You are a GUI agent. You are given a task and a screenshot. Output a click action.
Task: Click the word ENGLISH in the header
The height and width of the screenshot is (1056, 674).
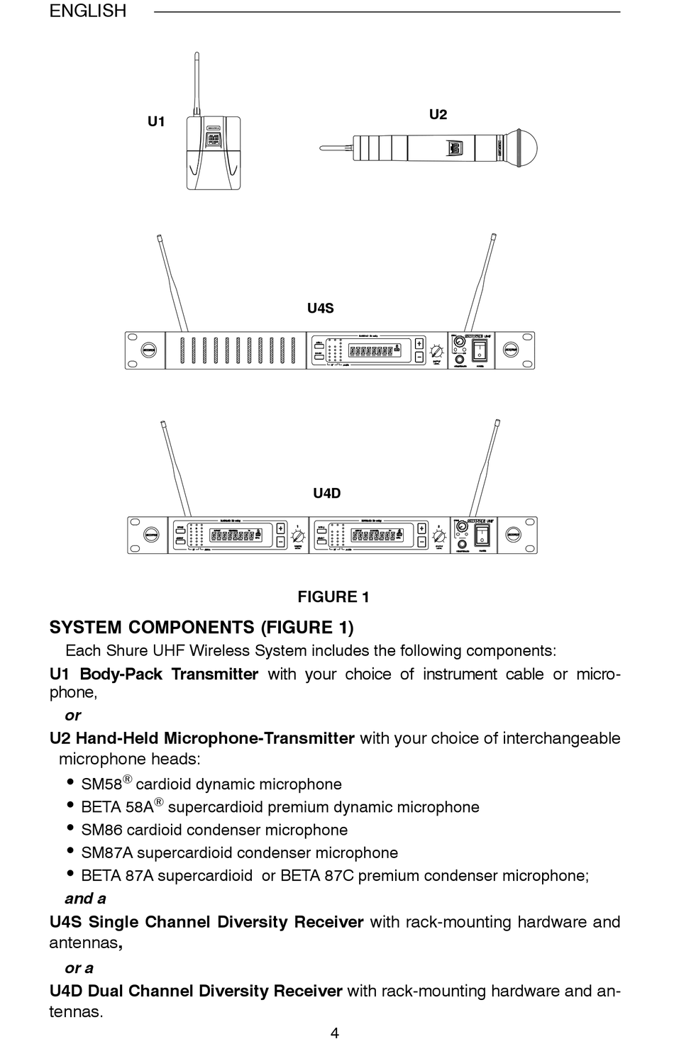pyautogui.click(x=87, y=11)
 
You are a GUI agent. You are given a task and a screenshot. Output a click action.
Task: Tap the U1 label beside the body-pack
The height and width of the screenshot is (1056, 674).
pyautogui.click(x=156, y=122)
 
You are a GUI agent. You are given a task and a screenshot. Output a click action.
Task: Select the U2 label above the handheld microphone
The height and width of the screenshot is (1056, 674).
pyautogui.click(x=438, y=115)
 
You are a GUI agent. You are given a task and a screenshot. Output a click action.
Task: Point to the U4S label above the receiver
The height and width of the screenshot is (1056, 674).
pyautogui.click(x=320, y=309)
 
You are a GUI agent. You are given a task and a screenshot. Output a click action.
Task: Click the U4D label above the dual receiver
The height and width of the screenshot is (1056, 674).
pyautogui.click(x=326, y=494)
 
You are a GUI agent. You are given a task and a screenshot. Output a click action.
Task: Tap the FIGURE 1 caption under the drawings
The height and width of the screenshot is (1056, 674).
pyautogui.click(x=333, y=597)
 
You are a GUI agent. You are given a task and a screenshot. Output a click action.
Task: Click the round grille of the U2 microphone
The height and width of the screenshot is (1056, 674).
pyautogui.click(x=523, y=149)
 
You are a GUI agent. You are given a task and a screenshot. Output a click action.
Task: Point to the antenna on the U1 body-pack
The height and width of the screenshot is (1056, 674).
pyautogui.click(x=197, y=82)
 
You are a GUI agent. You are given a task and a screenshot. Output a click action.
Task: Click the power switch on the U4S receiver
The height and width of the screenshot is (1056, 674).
pyautogui.click(x=481, y=349)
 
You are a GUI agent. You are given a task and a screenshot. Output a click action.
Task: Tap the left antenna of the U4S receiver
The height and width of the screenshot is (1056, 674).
pyautogui.click(x=172, y=284)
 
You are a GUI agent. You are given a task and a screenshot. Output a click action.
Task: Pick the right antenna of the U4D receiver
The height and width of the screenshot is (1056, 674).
pyautogui.click(x=482, y=468)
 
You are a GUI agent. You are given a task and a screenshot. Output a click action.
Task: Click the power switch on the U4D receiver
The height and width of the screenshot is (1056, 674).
pyautogui.click(x=482, y=533)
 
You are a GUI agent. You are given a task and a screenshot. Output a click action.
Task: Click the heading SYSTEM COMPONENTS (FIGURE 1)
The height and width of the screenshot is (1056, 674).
pyautogui.click(x=201, y=628)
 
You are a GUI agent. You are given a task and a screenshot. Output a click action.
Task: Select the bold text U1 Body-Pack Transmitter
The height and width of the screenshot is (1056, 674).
pyautogui.click(x=154, y=674)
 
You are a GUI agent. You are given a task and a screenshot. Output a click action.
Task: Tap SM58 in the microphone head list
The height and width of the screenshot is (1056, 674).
pyautogui.click(x=101, y=784)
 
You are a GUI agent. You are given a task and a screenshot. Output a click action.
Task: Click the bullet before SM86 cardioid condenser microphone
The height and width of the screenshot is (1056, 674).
pyautogui.click(x=70, y=828)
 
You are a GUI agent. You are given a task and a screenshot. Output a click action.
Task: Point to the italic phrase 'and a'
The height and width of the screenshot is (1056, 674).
pyautogui.click(x=85, y=899)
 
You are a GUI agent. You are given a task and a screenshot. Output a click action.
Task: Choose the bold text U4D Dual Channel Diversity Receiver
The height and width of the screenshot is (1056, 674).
pyautogui.click(x=196, y=991)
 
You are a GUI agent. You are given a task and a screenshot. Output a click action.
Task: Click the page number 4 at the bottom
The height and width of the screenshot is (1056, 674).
pyautogui.click(x=334, y=1033)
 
